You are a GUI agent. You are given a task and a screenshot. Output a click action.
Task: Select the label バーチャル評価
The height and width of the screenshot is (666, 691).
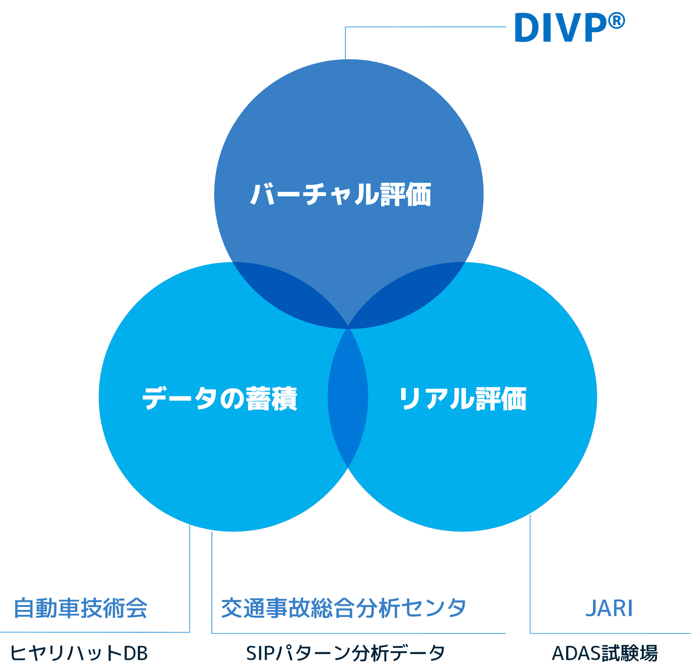pos(341,194)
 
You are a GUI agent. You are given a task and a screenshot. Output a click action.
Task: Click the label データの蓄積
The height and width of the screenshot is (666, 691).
pos(220,398)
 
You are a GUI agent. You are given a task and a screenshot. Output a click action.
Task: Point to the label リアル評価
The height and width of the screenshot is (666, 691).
pos(463,398)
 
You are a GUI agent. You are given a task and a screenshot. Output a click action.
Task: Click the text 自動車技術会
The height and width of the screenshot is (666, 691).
pos(81,608)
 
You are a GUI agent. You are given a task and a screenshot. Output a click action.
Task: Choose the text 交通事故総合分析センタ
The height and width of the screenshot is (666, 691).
pos(343,608)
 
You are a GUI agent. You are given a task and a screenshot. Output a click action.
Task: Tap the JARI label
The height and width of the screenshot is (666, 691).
pos(609,608)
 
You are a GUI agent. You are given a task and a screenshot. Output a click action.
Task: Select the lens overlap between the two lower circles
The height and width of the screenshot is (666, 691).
pos(348,397)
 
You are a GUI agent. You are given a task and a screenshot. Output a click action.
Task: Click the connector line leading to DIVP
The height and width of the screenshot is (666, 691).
pos(425,27)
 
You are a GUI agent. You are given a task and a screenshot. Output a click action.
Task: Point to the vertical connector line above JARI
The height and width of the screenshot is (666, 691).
pos(530,573)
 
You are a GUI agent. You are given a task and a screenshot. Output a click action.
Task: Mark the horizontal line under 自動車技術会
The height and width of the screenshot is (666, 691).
pos(95,632)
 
